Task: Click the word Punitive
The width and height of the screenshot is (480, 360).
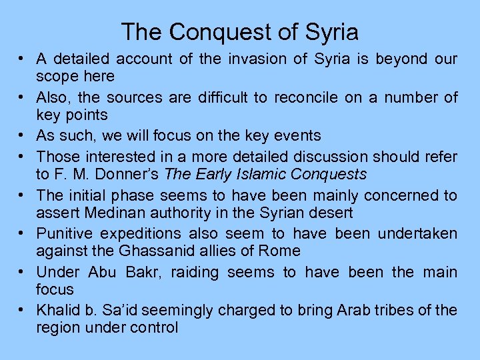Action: (67, 233)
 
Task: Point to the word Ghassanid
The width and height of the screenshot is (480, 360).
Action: (135, 251)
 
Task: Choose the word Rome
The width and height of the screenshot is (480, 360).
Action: (281, 251)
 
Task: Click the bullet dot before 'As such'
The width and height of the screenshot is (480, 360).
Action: (22, 136)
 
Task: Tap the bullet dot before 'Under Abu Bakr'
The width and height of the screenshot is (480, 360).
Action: (22, 272)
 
